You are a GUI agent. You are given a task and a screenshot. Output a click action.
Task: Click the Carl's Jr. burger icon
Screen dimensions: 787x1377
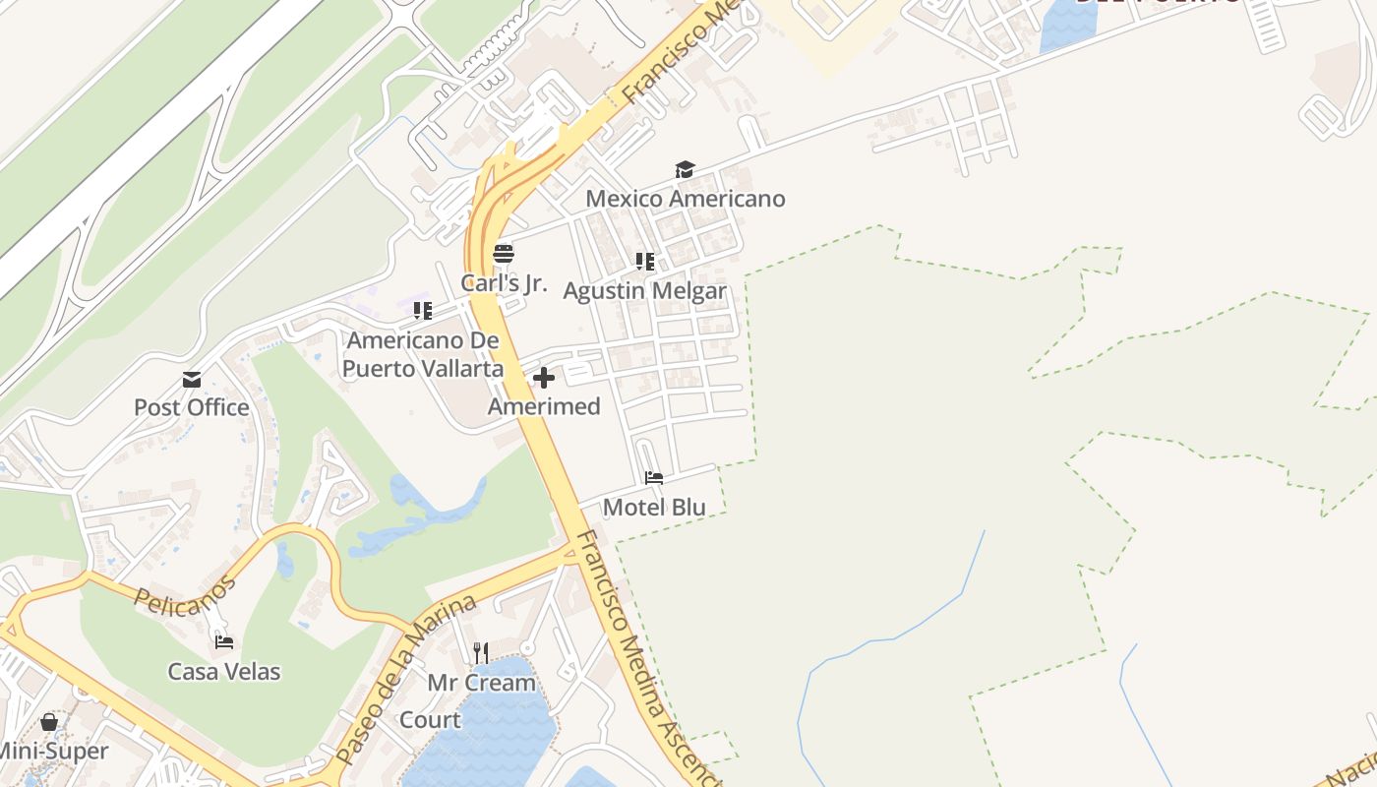[504, 254]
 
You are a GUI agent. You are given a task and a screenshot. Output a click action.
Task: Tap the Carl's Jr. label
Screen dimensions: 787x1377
[504, 283]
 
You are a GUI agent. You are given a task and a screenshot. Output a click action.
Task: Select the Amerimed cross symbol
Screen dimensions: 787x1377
[543, 378]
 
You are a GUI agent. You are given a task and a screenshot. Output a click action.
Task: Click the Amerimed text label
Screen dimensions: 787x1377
[544, 406]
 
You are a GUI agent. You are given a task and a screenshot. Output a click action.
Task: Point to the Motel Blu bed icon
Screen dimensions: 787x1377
[653, 479]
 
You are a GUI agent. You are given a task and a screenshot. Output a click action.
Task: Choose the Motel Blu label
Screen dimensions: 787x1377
[654, 508]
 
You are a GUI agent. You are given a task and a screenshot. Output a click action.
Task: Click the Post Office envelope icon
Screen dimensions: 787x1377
[192, 379]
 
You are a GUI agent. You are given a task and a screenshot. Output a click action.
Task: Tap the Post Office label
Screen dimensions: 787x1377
[192, 407]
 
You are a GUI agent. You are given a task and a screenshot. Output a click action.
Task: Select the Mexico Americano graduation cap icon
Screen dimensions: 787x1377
[685, 170]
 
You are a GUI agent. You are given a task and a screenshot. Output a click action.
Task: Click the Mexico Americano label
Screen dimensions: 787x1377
[686, 199]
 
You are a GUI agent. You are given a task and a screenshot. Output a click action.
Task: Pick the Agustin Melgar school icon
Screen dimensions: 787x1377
[644, 262]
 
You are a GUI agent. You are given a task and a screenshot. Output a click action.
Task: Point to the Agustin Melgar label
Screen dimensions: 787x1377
[644, 291]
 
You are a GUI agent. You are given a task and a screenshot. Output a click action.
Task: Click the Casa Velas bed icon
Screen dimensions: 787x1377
[224, 642]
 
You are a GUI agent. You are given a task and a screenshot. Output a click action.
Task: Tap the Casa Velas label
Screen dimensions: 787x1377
[224, 672]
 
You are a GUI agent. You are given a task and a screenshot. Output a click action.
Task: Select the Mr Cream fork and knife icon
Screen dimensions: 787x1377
[481, 652]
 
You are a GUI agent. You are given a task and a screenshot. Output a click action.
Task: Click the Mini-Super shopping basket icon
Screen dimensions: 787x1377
[49, 723]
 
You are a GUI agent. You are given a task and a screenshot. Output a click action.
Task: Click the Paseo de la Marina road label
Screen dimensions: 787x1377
[405, 680]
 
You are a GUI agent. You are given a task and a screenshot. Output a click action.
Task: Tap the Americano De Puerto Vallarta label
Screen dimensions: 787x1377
[423, 355]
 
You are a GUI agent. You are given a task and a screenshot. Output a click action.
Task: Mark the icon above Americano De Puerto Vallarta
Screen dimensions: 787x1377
[423, 312]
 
